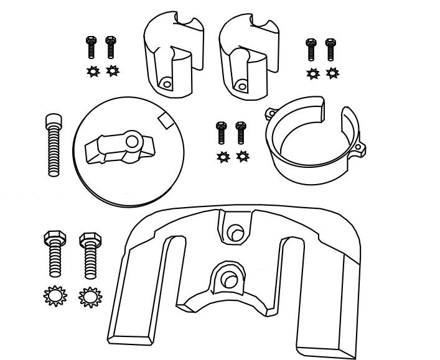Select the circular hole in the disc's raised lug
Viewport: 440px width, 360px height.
coord(131,142)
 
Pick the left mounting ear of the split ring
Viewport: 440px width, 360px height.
coord(269,113)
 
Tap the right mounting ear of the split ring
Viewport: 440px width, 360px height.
coord(360,149)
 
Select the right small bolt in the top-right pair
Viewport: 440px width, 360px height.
coord(331,50)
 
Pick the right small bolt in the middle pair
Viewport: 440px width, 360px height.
coord(241,133)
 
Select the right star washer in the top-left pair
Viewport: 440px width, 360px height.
coord(111,70)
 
